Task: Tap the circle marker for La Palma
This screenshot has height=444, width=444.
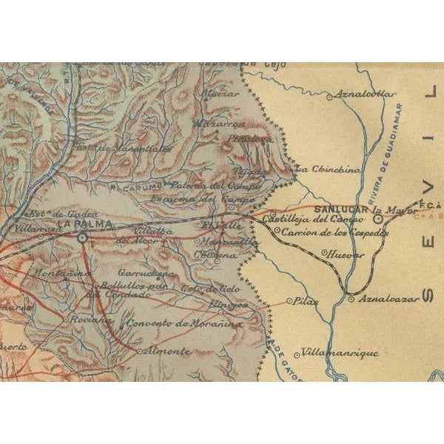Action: tap(83, 238)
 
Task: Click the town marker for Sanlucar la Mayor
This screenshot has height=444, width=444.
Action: tap(377, 219)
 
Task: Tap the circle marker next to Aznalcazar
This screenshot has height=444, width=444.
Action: tap(351, 299)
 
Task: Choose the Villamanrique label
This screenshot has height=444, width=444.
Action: tap(341, 353)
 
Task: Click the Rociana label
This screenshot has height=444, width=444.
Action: tap(92, 320)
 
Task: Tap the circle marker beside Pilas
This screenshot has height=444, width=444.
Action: tap(289, 301)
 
